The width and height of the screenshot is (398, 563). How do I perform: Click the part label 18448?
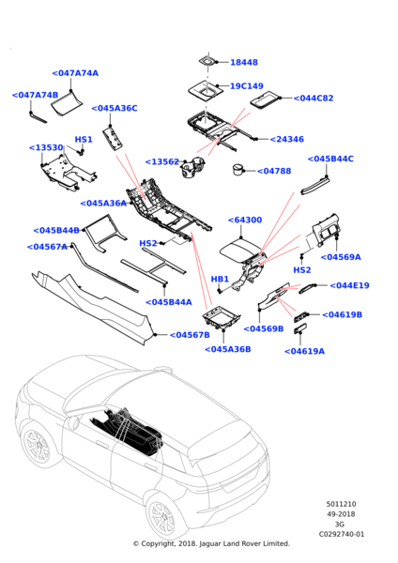pos(244,62)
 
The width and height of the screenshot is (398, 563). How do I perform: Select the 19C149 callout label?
pos(247,85)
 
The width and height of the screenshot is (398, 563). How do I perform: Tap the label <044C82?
pos(314,98)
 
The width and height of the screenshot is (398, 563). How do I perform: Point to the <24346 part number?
pos(286,139)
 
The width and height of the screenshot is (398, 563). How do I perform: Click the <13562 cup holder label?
pos(162,162)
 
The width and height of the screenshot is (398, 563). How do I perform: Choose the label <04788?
pos(274,171)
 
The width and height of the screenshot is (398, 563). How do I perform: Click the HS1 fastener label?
pos(84,139)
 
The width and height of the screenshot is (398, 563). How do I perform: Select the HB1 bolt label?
pos(220,279)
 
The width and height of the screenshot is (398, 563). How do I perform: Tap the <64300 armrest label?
pos(245,220)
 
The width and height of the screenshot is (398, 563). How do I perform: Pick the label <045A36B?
pos(228,349)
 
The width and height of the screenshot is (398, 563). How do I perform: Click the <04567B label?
pos(190,335)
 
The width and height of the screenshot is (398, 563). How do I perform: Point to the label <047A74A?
pos(75,73)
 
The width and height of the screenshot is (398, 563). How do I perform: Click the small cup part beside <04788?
pos(238,170)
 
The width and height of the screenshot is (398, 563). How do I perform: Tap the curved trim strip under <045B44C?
pos(315,185)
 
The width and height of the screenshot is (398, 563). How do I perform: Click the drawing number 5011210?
pos(341,504)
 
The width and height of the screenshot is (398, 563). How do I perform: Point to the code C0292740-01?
pos(342,534)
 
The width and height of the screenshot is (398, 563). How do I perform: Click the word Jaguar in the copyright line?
pos(209,543)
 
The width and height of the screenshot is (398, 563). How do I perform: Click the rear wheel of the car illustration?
pos(165,516)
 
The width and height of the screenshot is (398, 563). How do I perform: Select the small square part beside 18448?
pos(207,61)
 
